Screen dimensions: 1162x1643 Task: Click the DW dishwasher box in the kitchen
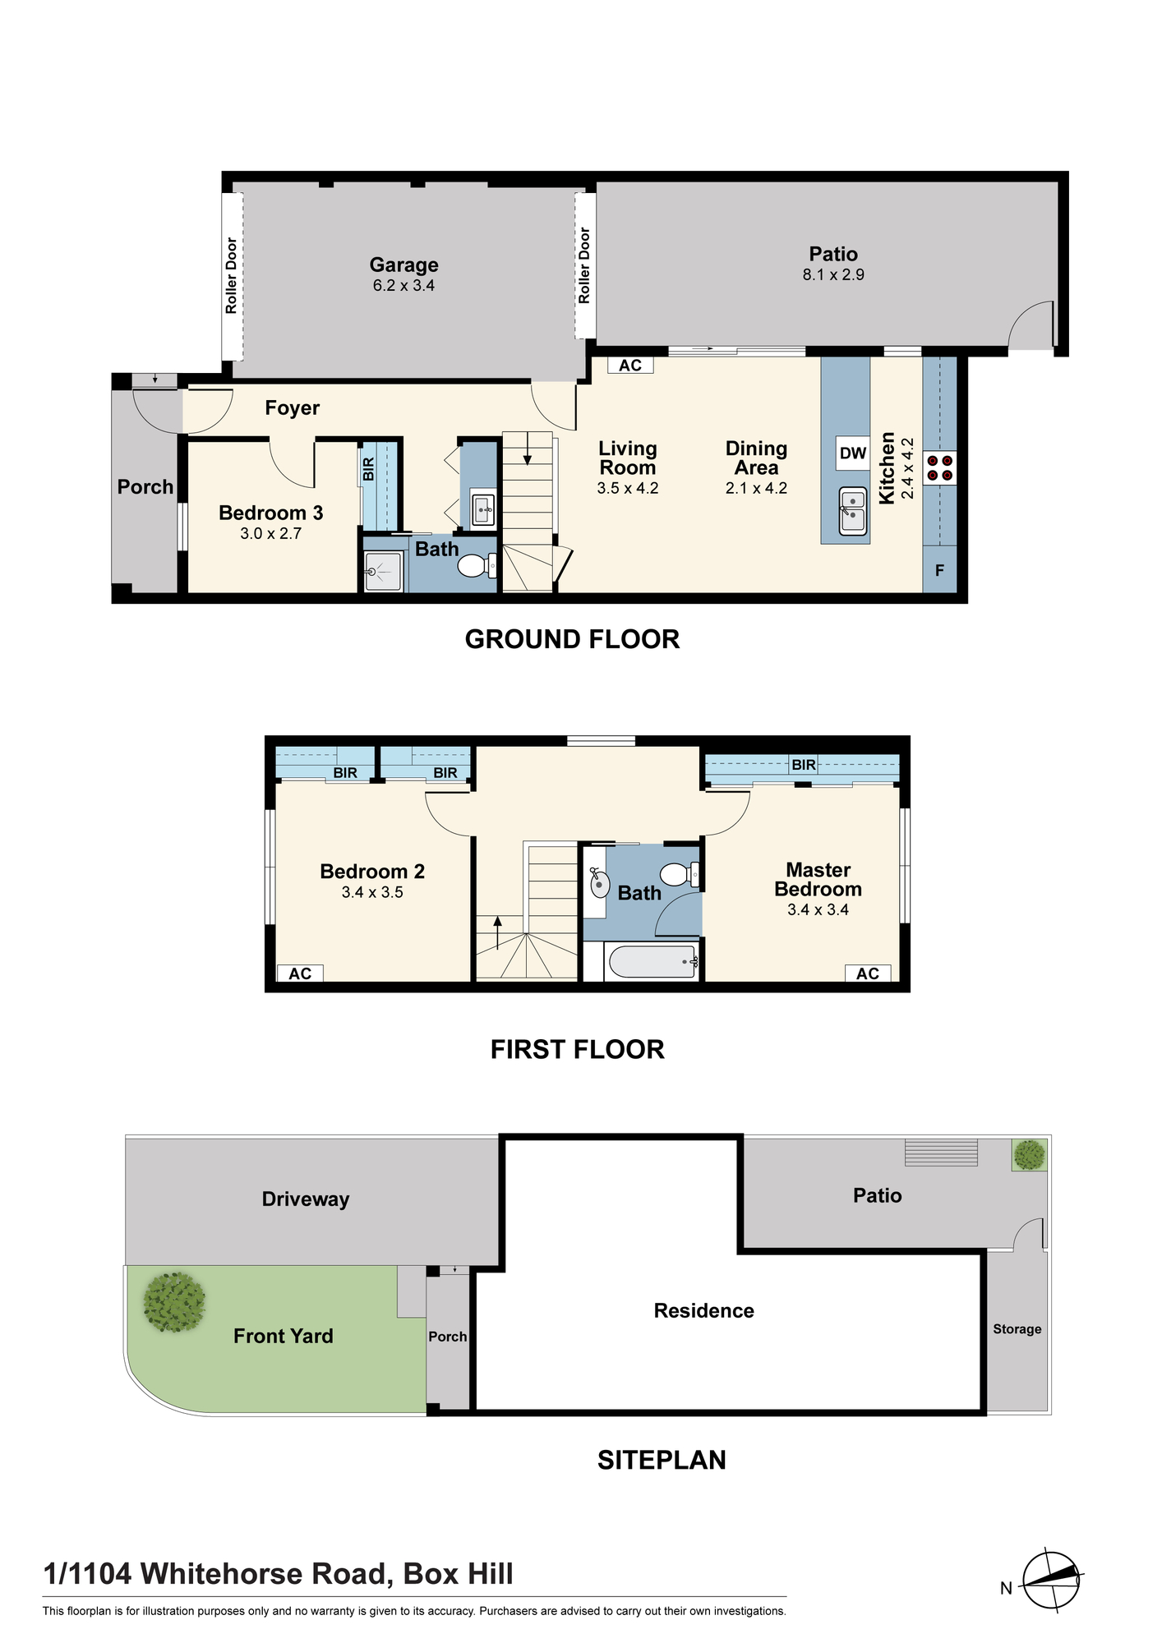pyautogui.click(x=853, y=453)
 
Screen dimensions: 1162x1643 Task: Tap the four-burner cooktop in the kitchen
pyautogui.click(x=940, y=468)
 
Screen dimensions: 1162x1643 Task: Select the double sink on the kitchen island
pyautogui.click(x=853, y=511)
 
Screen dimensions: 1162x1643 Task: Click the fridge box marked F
pyautogui.click(x=940, y=570)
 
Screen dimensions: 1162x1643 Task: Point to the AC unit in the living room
pyautogui.click(x=630, y=366)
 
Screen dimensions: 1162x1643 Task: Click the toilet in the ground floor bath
pyautogui.click(x=476, y=565)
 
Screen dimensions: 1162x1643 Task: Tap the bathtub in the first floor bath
pyautogui.click(x=652, y=961)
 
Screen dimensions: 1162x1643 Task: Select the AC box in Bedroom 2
pyautogui.click(x=300, y=973)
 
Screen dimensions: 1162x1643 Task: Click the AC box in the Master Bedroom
pyautogui.click(x=868, y=973)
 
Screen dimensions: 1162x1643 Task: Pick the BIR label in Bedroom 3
pyautogui.click(x=369, y=470)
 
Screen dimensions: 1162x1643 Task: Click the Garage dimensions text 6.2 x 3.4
pyautogui.click(x=403, y=286)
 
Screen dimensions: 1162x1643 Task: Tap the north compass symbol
pyautogui.click(x=1051, y=1581)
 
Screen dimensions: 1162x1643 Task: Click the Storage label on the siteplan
pyautogui.click(x=1017, y=1329)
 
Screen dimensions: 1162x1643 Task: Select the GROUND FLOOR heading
pyautogui.click(x=573, y=639)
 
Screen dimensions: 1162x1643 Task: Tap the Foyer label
pyautogui.click(x=293, y=408)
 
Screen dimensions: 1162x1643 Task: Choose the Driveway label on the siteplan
pyautogui.click(x=306, y=1199)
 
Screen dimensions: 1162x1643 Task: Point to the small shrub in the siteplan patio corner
pyautogui.click(x=1029, y=1155)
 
